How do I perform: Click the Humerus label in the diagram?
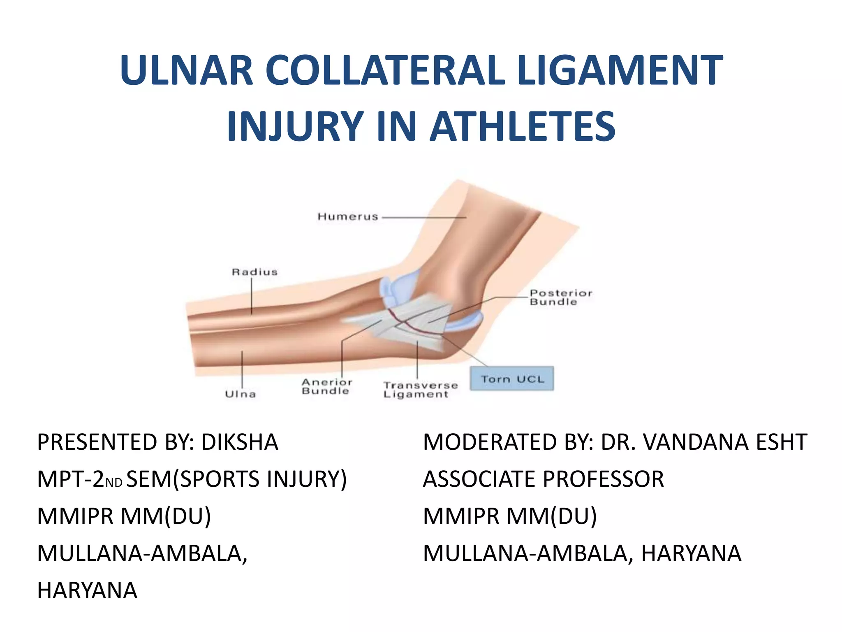pos(348,217)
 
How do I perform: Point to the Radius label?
pos(254,272)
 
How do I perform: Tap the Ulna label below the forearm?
pos(241,394)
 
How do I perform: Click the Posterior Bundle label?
pos(561,297)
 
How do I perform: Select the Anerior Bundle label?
pos(327,387)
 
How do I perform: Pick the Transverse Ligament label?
pos(420,390)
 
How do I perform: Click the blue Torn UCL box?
pos(512,379)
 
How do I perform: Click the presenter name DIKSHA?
pos(240,442)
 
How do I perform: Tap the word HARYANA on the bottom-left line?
pos(87,590)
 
